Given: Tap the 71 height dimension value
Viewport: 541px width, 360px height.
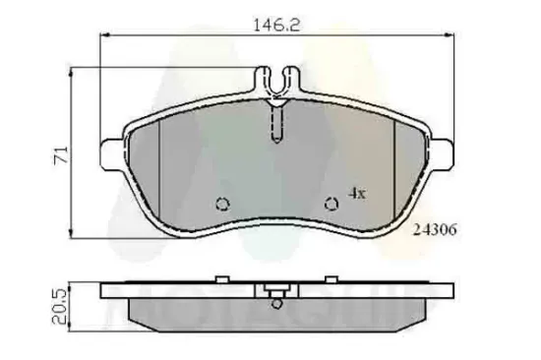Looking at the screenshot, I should coord(58,155).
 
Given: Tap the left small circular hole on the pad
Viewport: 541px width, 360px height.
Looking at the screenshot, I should coord(221,205).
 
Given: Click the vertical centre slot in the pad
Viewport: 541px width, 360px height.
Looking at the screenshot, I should coord(277,123).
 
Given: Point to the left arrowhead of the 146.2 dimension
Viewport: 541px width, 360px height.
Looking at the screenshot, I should coord(104,34).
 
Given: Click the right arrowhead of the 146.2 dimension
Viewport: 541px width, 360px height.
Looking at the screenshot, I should coord(451,34).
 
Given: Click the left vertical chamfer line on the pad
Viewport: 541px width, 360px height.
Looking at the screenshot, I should coord(160,157).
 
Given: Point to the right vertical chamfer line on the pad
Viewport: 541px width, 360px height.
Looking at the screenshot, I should coord(393,157).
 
